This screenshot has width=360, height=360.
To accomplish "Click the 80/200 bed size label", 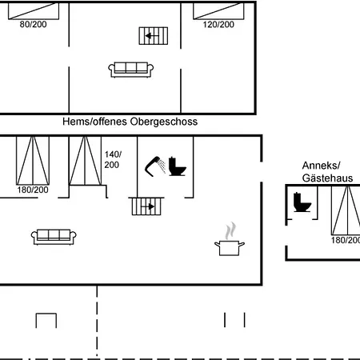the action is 33,24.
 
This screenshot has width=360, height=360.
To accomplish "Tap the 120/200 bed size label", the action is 218,25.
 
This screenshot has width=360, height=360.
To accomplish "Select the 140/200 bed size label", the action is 113,159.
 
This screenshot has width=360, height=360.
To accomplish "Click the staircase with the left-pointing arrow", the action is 154,36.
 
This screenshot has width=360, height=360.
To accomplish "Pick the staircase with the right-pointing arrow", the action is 146,206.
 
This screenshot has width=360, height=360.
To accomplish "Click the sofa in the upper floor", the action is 130,70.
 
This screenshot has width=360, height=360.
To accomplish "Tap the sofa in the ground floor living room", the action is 54,237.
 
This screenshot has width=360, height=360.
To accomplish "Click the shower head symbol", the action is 155,166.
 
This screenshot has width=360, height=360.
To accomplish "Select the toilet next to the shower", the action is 178,166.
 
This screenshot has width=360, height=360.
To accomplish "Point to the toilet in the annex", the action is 302,202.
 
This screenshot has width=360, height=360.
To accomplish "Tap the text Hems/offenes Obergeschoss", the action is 130,122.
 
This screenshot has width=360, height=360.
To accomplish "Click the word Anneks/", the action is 321,166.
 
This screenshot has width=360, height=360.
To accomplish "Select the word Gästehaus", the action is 327,178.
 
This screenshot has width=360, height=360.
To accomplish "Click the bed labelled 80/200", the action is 34,11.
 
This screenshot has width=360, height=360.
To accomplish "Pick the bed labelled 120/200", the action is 218,11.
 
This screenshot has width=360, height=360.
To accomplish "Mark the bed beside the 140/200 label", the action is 85,161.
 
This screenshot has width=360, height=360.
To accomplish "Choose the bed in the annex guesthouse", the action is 346,210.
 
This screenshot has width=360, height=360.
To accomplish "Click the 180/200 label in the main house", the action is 33,190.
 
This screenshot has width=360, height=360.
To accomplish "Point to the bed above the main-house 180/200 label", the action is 33,161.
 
